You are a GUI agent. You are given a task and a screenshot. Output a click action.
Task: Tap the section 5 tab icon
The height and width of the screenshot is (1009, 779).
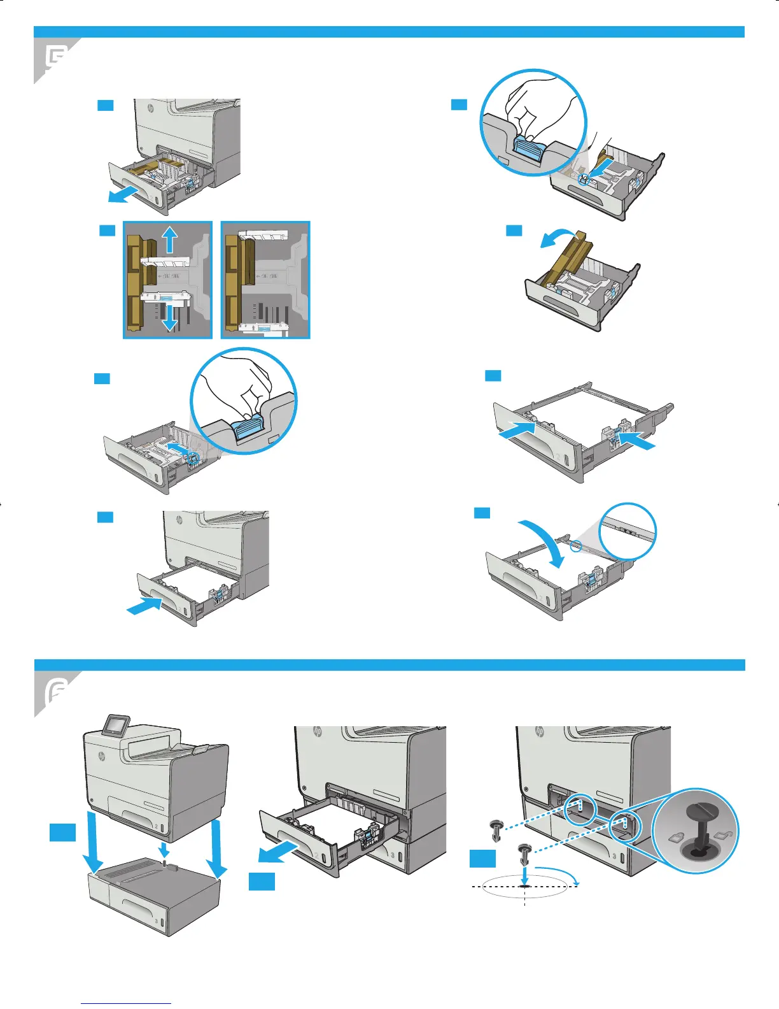coord(56,59)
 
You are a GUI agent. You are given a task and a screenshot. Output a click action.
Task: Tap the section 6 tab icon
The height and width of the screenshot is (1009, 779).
coord(56,692)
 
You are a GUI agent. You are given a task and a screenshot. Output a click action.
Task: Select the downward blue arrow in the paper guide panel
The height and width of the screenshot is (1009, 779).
coord(169,316)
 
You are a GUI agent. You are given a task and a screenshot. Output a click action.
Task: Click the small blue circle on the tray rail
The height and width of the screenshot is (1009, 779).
coord(575,546)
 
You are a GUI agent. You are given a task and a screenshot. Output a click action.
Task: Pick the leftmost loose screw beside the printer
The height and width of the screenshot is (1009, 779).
coord(496,830)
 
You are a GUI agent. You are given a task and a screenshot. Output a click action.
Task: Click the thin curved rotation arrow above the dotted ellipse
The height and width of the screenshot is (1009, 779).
coord(560,872)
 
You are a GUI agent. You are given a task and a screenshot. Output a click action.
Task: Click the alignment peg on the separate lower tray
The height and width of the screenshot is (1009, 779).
coord(164,863)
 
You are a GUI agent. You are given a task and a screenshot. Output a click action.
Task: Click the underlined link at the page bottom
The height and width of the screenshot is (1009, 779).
coord(126,1005)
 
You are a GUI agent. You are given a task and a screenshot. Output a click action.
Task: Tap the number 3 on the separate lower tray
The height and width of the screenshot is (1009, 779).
coord(155,922)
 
